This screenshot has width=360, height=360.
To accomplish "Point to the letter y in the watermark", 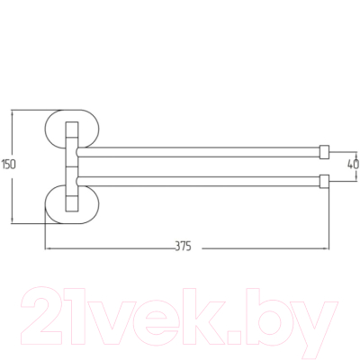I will point(315,322).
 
